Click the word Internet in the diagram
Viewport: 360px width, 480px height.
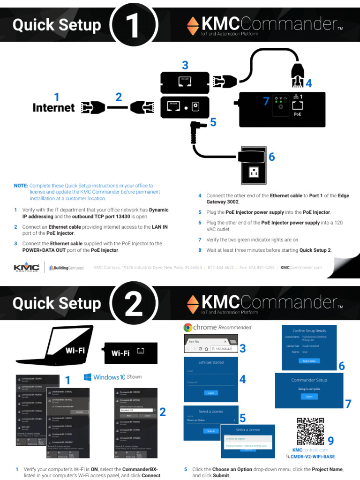53,108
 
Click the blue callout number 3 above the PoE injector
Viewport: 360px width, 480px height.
185,65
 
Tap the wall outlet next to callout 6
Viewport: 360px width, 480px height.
254,172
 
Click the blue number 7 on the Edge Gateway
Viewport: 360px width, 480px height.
266,101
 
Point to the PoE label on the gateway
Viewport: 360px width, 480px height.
298,114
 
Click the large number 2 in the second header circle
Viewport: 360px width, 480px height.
134,305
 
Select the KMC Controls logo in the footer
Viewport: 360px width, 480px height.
27,268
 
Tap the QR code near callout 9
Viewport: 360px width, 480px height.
310,431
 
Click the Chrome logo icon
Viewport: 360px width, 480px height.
187,328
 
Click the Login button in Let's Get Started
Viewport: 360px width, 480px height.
211,393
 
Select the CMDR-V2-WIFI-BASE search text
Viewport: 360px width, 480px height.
313,457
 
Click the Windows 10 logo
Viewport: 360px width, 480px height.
88,377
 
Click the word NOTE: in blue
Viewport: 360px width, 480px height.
21,186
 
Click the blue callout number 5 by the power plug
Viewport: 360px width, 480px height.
213,123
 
